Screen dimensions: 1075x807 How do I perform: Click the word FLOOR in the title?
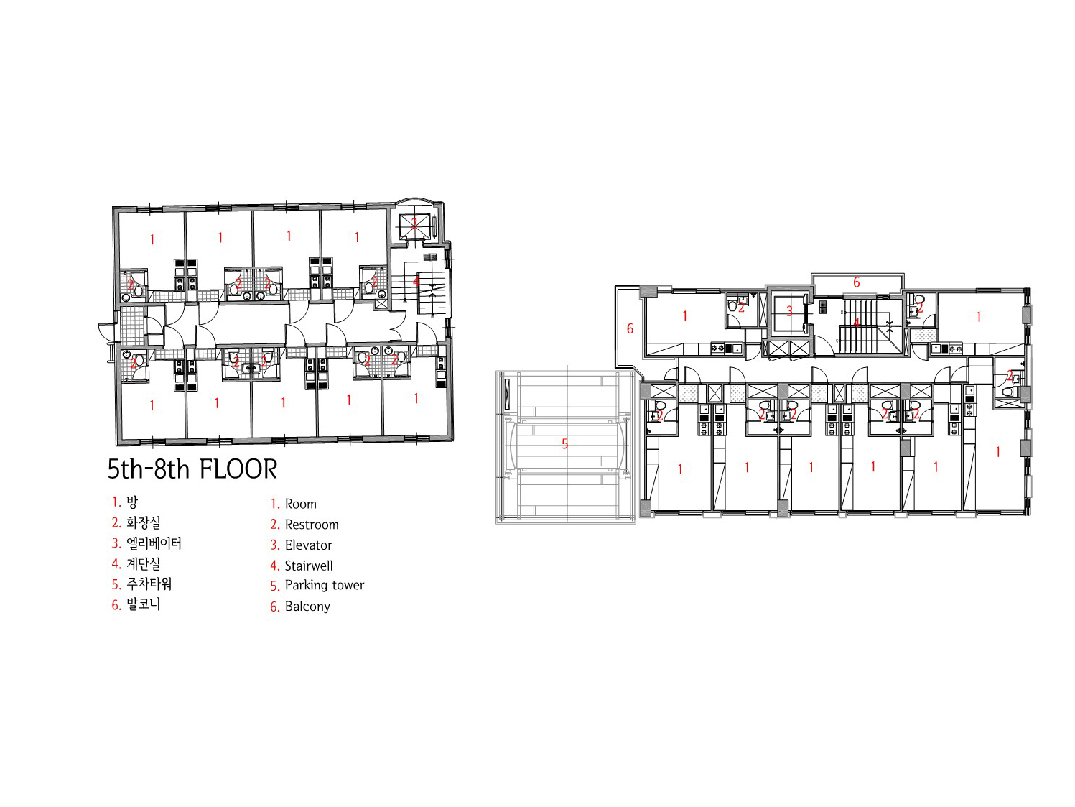tap(238, 469)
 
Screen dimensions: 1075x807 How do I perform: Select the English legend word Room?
tap(301, 504)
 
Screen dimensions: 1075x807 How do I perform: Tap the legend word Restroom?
tap(312, 525)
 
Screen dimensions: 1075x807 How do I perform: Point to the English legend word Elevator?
tap(309, 545)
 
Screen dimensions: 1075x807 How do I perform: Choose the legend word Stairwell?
tap(309, 566)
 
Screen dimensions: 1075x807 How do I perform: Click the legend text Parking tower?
tap(324, 585)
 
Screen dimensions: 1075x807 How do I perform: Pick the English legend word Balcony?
tap(307, 607)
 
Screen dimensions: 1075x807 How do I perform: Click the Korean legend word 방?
tap(132, 502)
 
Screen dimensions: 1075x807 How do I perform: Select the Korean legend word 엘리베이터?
tap(154, 543)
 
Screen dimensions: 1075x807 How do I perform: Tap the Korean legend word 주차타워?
tap(149, 584)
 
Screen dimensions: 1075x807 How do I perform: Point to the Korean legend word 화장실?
tap(144, 522)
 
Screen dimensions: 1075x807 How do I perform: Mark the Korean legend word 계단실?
tap(144, 563)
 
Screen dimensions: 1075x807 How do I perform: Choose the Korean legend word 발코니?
tap(144, 604)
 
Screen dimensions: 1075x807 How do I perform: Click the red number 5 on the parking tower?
tap(564, 444)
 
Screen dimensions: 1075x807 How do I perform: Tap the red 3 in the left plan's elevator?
tap(414, 223)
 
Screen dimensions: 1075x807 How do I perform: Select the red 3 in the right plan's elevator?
tap(789, 310)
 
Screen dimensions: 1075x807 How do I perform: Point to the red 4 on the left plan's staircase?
tap(416, 281)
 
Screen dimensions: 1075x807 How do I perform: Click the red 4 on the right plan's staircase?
tap(856, 323)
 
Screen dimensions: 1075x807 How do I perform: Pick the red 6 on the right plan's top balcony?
tap(857, 282)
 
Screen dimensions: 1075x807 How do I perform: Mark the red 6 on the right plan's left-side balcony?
tap(630, 328)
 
